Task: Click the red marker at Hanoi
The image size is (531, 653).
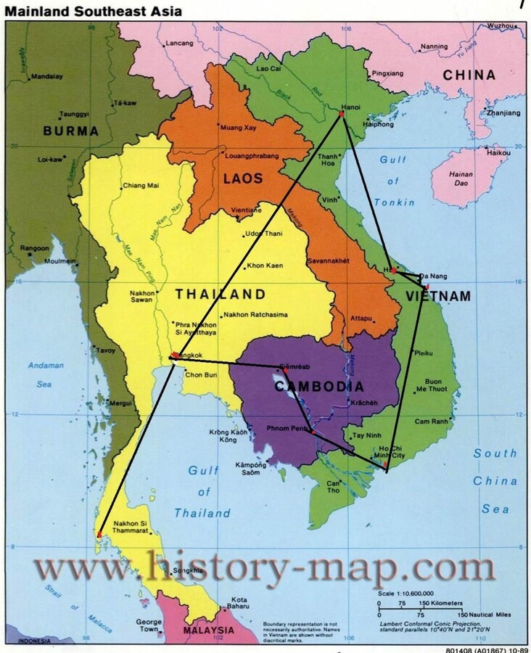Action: [341, 115]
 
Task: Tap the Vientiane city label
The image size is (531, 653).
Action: [246, 210]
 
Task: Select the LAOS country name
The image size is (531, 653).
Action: [243, 178]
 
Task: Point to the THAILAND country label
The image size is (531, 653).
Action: [220, 295]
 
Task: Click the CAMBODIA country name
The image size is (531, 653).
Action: [318, 387]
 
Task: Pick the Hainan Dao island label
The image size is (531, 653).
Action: [461, 178]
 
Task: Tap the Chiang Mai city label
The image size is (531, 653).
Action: [141, 186]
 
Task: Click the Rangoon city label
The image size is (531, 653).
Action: [35, 248]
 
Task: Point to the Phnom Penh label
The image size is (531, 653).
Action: [291, 428]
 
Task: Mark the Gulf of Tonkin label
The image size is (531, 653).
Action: [393, 181]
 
